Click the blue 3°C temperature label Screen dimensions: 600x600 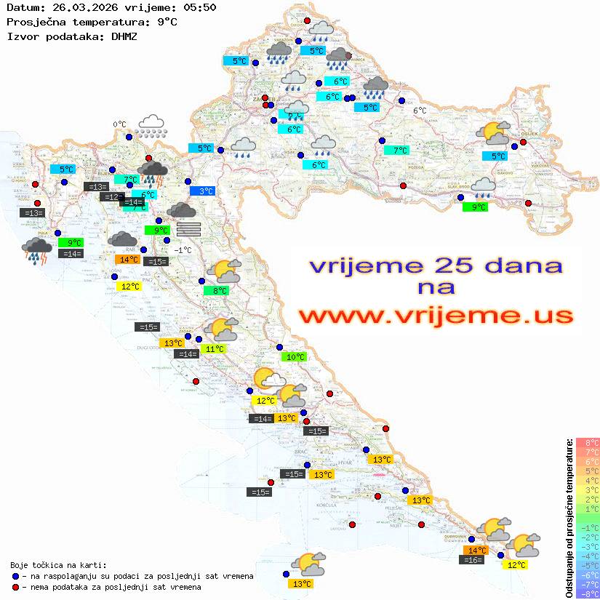click(206, 191)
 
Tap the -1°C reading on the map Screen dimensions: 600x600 click(183, 250)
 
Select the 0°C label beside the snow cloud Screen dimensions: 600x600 click(119, 124)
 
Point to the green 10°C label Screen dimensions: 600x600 click(295, 357)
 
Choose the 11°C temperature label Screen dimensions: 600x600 click(214, 349)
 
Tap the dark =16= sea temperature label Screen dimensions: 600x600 click(472, 560)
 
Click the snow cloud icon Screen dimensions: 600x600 click(152, 124)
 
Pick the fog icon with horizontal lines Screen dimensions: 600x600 click(188, 228)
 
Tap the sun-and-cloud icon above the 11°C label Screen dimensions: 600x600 click(221, 329)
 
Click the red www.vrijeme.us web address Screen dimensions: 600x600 click(435, 316)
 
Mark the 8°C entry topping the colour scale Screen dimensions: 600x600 click(588, 442)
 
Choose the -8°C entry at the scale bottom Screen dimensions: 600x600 click(588, 593)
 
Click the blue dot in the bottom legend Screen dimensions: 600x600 click(16, 576)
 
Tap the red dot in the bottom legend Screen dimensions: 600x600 click(16, 587)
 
